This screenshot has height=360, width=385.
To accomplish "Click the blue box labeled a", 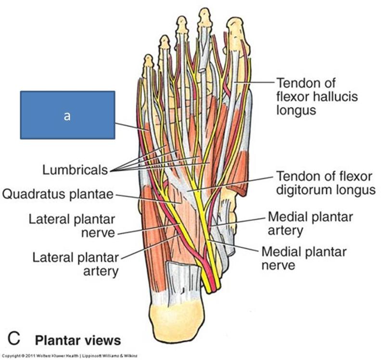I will click(67, 115).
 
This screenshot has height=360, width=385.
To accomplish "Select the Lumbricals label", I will click(75, 169).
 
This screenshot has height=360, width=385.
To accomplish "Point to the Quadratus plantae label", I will click(58, 194).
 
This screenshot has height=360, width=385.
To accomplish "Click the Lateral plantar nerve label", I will click(72, 226).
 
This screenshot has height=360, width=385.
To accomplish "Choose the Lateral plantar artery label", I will click(75, 263).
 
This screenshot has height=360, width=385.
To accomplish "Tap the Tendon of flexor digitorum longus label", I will click(325, 182).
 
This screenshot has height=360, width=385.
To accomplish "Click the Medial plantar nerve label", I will click(303, 258).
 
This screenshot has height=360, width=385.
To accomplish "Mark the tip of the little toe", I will click(148, 60).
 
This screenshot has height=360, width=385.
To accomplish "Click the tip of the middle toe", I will click(182, 22).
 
